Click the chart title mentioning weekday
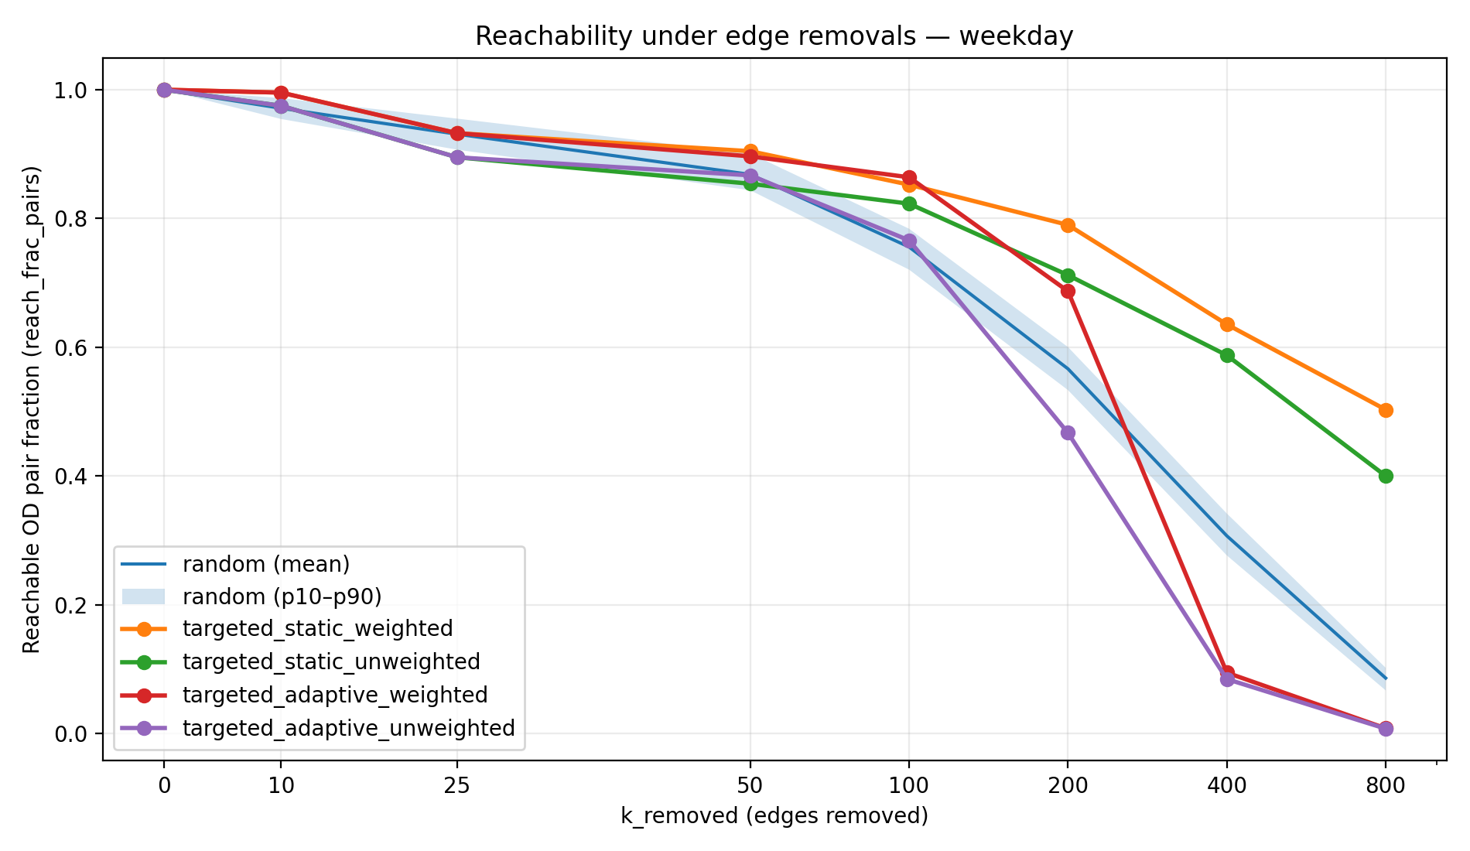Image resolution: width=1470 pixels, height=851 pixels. pyautogui.click(x=774, y=36)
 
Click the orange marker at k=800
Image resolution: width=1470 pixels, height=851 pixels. pyautogui.click(x=1386, y=410)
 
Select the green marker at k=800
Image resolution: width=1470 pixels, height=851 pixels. pyautogui.click(x=1386, y=476)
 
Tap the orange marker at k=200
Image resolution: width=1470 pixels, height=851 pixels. pyautogui.click(x=1068, y=225)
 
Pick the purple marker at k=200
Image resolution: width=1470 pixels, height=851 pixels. pyautogui.click(x=1068, y=432)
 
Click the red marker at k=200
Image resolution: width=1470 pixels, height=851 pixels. pyautogui.click(x=1068, y=291)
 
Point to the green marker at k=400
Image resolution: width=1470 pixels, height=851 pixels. pyautogui.click(x=1227, y=355)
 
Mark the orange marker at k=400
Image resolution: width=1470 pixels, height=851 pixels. pyautogui.click(x=1227, y=324)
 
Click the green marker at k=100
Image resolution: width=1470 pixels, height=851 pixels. pyautogui.click(x=909, y=203)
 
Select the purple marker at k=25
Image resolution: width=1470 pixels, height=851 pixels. pyautogui.click(x=457, y=157)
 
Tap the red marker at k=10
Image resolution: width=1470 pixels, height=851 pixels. pyautogui.click(x=281, y=93)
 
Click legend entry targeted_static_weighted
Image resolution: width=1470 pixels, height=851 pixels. pyautogui.click(x=317, y=628)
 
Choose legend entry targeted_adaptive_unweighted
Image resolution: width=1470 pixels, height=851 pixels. pyautogui.click(x=348, y=728)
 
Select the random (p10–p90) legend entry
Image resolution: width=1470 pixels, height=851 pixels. pyautogui.click(x=282, y=596)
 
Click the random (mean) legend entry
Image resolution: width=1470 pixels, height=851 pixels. pyautogui.click(x=266, y=564)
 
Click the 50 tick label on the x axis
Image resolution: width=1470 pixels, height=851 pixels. pyautogui.click(x=750, y=786)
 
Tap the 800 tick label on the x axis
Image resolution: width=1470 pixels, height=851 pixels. pyautogui.click(x=1386, y=786)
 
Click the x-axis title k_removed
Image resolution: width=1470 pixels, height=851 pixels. pyautogui.click(x=774, y=815)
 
